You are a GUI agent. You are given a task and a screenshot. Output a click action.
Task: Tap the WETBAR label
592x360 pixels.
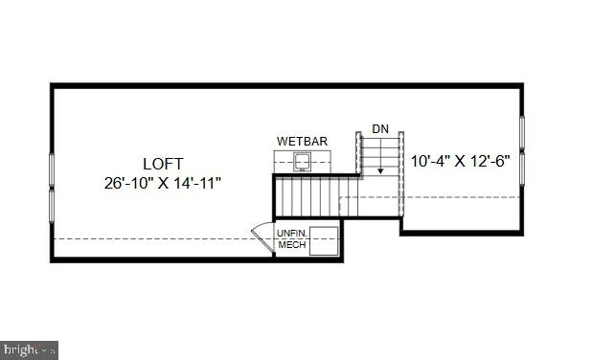pos(302,142)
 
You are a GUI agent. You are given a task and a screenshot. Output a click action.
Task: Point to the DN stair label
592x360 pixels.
pos(380,127)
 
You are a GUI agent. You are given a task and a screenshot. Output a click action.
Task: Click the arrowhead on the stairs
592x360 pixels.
pos(380,170)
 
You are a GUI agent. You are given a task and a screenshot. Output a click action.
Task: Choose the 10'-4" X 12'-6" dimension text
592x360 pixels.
pos(460,161)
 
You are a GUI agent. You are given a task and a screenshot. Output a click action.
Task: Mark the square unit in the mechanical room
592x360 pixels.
pos(323,240)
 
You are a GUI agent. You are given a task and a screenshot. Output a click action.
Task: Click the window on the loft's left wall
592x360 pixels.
pos(52,181)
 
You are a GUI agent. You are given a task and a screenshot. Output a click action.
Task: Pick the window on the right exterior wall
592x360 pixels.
pos(522,153)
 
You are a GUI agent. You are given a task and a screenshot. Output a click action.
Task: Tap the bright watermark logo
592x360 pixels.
pos(29,350)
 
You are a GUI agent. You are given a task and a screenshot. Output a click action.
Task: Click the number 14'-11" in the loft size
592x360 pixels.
pos(204,182)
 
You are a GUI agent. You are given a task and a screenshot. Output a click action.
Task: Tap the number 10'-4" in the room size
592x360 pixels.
pos(428,161)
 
